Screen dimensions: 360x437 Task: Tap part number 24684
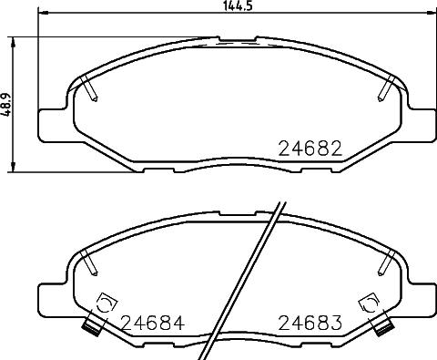[152, 322]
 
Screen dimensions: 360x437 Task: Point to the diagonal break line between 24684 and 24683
[246, 283]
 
